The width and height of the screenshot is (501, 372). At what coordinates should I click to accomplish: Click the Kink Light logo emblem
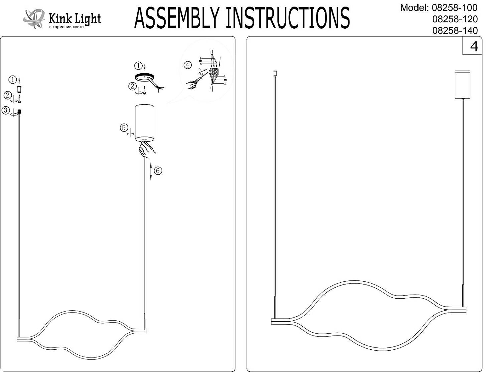tap(34, 18)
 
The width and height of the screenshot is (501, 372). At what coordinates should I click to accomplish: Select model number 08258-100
tap(455, 8)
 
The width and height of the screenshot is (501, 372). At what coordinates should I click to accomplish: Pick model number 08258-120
tap(455, 19)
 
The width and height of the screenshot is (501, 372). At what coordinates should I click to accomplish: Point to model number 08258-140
tap(455, 30)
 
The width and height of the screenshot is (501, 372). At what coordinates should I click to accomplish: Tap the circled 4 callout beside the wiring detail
tap(188, 65)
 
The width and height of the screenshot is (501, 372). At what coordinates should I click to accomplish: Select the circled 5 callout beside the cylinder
tap(124, 128)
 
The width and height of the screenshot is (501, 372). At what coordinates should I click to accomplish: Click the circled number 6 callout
tap(158, 171)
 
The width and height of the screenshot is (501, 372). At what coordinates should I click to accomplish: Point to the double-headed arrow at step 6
tap(151, 171)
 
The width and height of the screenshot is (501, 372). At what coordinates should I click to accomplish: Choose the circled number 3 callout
tap(6, 110)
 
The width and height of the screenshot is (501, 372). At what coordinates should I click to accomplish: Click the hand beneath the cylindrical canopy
tap(147, 148)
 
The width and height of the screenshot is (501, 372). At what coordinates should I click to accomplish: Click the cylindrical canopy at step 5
tap(144, 122)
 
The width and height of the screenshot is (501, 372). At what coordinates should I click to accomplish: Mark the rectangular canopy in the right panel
tap(463, 84)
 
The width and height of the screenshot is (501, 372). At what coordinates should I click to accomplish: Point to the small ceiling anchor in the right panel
tap(275, 73)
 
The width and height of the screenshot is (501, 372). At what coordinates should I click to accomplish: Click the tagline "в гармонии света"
tap(67, 27)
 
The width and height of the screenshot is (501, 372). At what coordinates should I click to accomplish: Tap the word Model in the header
tap(413, 8)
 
